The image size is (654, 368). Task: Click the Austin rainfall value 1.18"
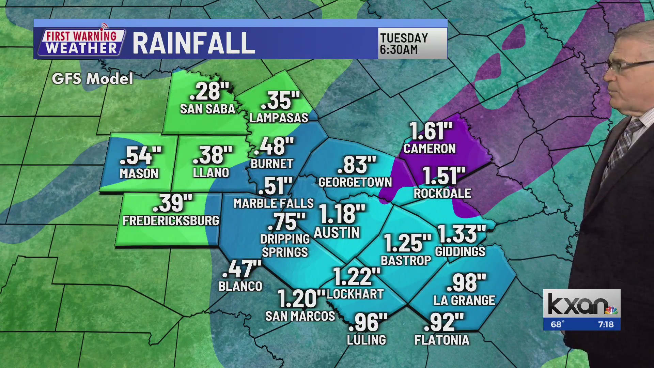click(342, 214)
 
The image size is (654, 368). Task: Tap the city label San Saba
click(207, 109)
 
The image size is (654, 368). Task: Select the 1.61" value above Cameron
click(431, 131)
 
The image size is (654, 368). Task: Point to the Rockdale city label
click(442, 194)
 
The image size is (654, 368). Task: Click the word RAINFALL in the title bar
click(193, 43)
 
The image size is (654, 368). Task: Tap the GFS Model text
click(92, 79)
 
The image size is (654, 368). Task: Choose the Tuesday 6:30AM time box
click(412, 44)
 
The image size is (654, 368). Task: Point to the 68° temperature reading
click(558, 324)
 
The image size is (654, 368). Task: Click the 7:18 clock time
click(606, 324)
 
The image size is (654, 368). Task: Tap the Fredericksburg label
click(171, 221)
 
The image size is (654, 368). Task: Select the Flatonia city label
click(442, 340)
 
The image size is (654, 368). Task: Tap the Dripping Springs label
click(285, 246)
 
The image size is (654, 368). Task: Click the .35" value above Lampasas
click(280, 101)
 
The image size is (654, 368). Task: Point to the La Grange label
click(464, 301)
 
